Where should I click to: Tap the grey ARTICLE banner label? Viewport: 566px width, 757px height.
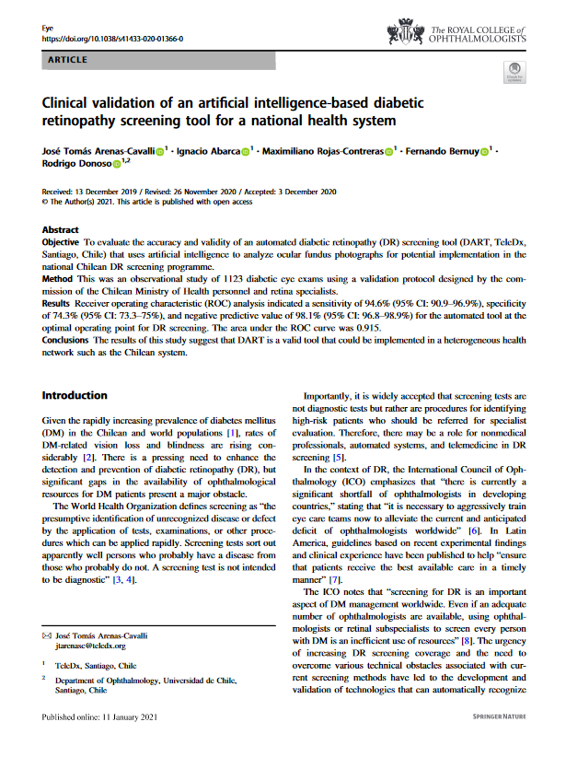pos(65,61)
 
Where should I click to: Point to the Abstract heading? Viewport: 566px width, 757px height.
pos(62,229)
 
